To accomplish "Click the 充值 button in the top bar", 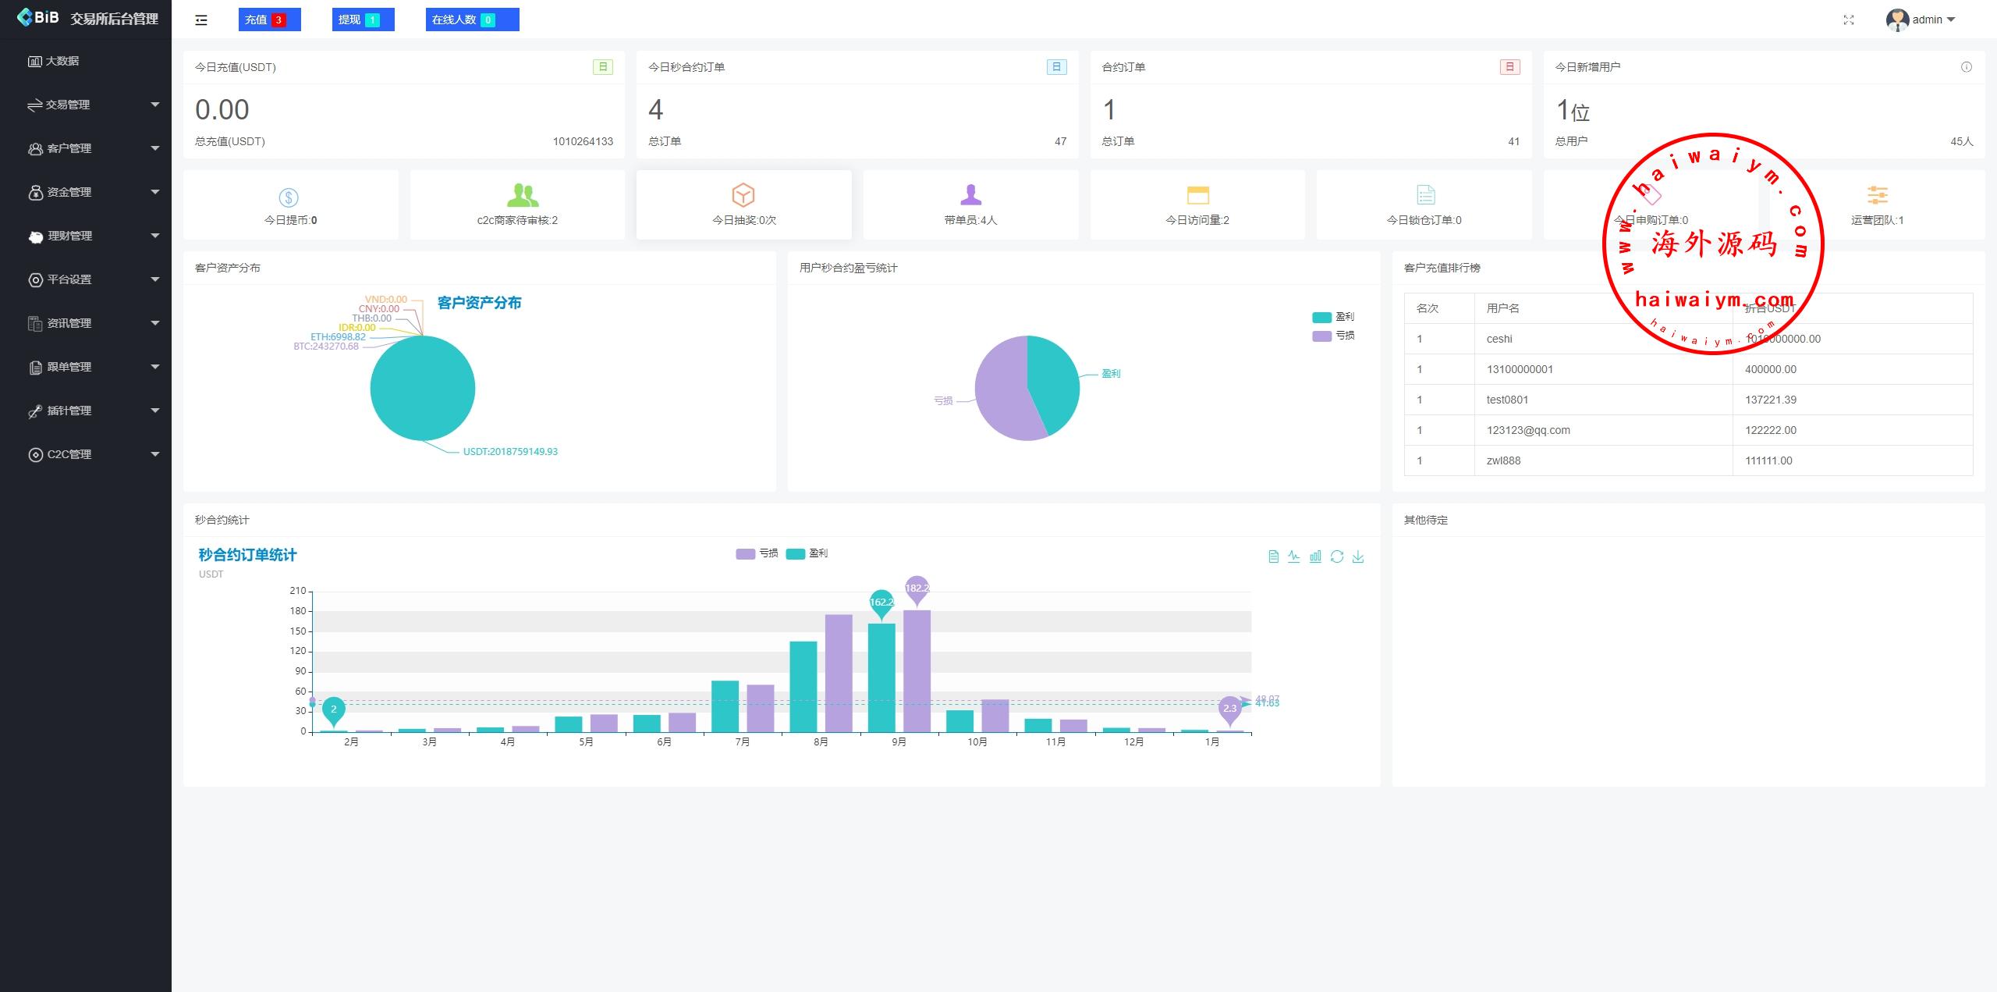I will [x=269, y=20].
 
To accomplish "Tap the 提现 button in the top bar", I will [x=363, y=20].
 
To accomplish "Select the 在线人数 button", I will [x=472, y=20].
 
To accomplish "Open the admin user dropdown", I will [x=1921, y=20].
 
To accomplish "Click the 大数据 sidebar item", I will [x=62, y=61].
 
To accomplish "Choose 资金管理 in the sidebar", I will [x=69, y=192].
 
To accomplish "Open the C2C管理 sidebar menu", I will [x=69, y=454].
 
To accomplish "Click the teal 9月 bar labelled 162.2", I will [x=881, y=677].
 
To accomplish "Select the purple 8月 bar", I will [x=839, y=673].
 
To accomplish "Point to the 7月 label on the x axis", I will [x=743, y=742].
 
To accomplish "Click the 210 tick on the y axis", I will [x=298, y=591].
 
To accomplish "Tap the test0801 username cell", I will [x=1507, y=400].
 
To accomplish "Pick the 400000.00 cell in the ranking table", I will [x=1770, y=369].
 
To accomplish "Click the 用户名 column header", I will [x=1502, y=308].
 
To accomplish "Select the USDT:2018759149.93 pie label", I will [x=510, y=452].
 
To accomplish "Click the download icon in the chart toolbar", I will [x=1358, y=556].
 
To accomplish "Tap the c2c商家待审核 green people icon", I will [x=522, y=194].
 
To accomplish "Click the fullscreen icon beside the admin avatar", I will [x=1849, y=20].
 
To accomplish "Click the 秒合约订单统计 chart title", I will [x=247, y=555].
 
